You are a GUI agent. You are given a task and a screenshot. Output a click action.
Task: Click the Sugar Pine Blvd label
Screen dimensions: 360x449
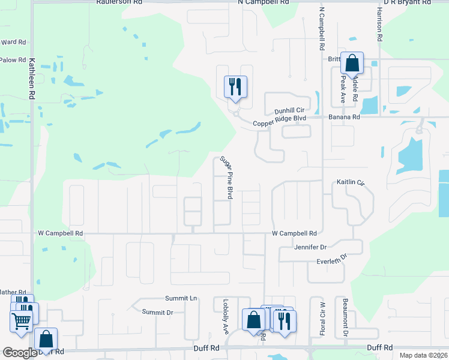point(226,177)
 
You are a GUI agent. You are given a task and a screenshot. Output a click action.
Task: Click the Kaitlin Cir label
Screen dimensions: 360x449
point(351,182)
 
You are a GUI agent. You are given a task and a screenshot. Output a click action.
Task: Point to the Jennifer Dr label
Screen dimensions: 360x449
point(310,247)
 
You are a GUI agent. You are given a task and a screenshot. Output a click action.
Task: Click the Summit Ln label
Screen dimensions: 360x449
point(181,298)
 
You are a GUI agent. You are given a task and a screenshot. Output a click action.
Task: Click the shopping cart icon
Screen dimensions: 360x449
point(21,320)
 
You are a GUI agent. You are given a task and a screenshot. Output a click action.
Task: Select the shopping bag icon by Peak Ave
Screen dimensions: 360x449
point(351,62)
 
